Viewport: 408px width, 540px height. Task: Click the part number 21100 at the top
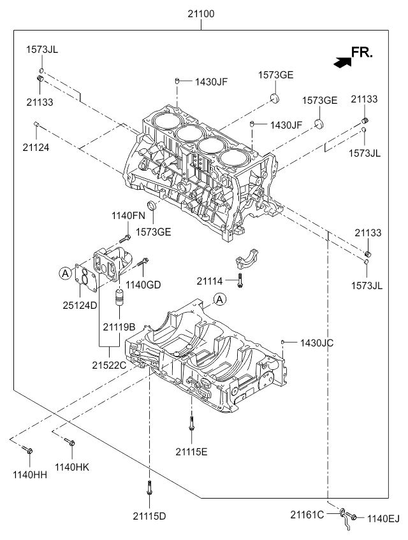point(201,11)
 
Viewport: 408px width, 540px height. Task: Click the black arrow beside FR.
point(342,61)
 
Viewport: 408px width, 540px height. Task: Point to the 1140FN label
point(129,216)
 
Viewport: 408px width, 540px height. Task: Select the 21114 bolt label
point(210,281)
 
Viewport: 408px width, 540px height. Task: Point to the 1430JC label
point(317,343)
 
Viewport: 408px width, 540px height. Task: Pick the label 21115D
point(150,515)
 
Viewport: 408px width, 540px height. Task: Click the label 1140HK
point(72,467)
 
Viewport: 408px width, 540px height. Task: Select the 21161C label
point(308,513)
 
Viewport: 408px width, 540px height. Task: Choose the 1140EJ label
point(382,518)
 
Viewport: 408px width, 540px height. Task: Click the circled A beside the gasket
point(64,273)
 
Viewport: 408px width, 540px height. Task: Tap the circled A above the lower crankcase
point(219,299)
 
